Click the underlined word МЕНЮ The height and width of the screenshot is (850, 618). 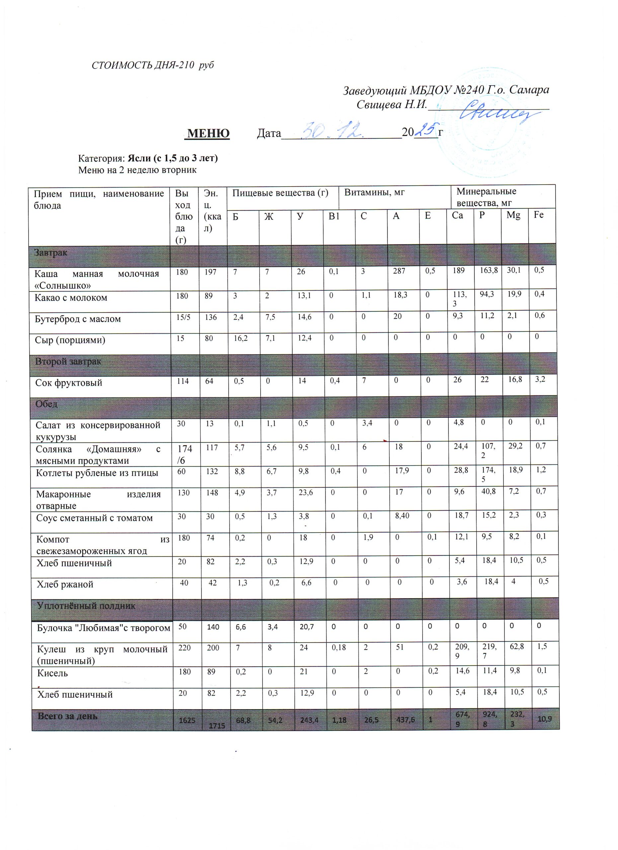tap(208, 133)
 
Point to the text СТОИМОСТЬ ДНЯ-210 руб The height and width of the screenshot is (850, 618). tap(153, 65)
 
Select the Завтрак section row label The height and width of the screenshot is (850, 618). tap(51, 253)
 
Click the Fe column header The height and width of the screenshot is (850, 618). tap(539, 215)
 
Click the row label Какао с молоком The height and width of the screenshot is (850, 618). tap(71, 298)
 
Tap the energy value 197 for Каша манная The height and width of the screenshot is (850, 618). tap(210, 272)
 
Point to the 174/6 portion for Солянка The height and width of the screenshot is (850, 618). tap(185, 454)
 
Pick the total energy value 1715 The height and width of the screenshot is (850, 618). tap(217, 725)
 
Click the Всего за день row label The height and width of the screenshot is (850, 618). tap(67, 716)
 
